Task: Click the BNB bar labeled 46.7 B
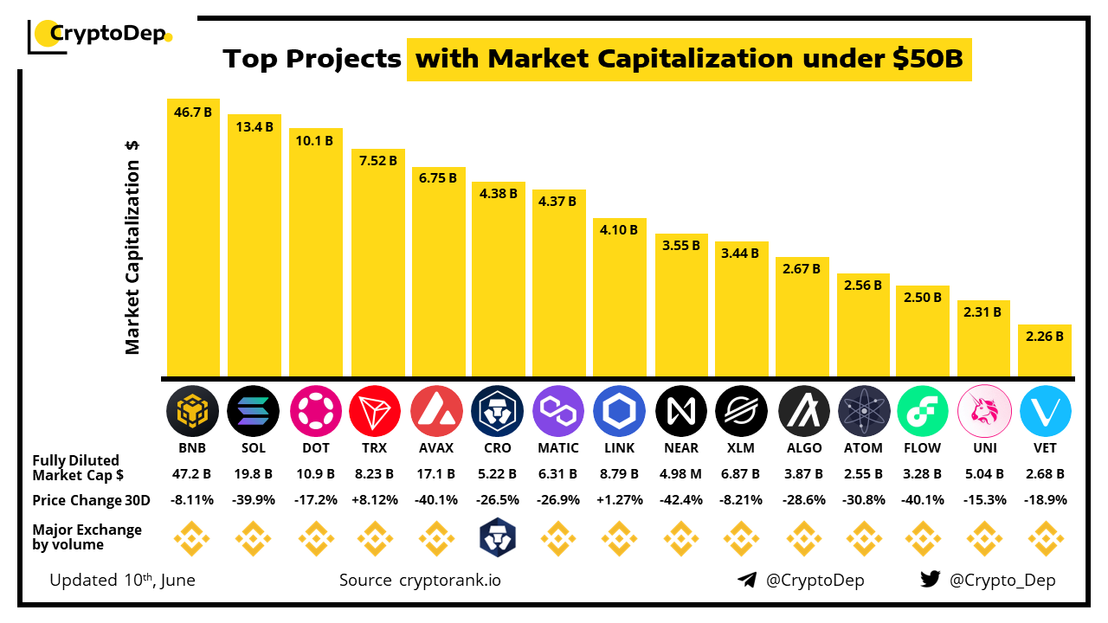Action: (x=193, y=238)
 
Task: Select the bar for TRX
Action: (x=377, y=263)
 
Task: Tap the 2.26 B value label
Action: (x=1044, y=337)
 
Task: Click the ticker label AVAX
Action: (x=436, y=448)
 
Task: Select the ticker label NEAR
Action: (x=680, y=448)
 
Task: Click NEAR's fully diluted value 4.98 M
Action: (x=680, y=474)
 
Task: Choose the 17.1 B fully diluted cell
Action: (x=436, y=474)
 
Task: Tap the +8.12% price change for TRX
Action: (x=376, y=500)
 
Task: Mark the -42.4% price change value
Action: (x=680, y=500)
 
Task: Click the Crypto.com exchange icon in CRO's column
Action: (x=497, y=538)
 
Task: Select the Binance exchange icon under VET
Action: (x=1045, y=538)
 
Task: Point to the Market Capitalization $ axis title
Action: (x=132, y=247)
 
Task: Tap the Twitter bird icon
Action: (x=930, y=580)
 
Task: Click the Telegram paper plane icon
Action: (x=747, y=580)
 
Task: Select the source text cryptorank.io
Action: (x=449, y=580)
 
